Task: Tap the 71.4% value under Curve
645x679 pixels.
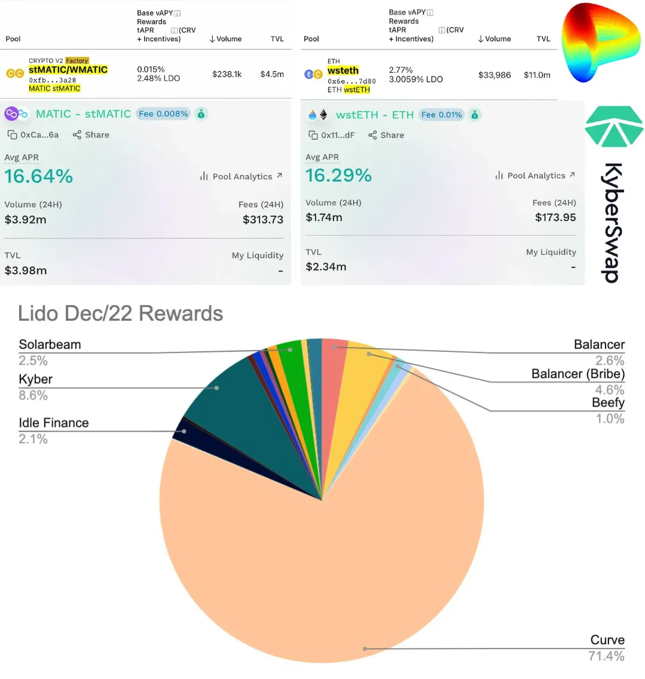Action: pyautogui.click(x=606, y=656)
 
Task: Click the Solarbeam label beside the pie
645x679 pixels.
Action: pyautogui.click(x=50, y=345)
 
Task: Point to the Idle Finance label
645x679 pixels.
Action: pyautogui.click(x=54, y=423)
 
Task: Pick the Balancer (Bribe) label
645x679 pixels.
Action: pyautogui.click(x=577, y=374)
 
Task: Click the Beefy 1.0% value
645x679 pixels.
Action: pyautogui.click(x=610, y=419)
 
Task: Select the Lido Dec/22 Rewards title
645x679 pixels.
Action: pyautogui.click(x=120, y=314)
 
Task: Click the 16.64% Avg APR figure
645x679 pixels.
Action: pyautogui.click(x=39, y=176)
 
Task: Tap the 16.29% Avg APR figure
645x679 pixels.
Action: pyautogui.click(x=338, y=175)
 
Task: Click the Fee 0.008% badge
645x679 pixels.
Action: pyautogui.click(x=163, y=113)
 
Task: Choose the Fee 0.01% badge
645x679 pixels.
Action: pyautogui.click(x=442, y=115)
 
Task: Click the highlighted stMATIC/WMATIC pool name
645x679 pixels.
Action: pyautogui.click(x=68, y=70)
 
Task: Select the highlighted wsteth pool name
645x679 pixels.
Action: pyautogui.click(x=343, y=70)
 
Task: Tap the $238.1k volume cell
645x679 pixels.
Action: pyautogui.click(x=227, y=74)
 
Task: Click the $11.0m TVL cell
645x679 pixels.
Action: pyautogui.click(x=537, y=75)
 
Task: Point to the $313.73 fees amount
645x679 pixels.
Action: pyautogui.click(x=263, y=220)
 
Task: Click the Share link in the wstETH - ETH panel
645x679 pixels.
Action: pyautogui.click(x=386, y=135)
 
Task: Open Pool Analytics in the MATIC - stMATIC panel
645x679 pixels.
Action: pyautogui.click(x=242, y=176)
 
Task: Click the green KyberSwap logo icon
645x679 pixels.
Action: pyautogui.click(x=614, y=126)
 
